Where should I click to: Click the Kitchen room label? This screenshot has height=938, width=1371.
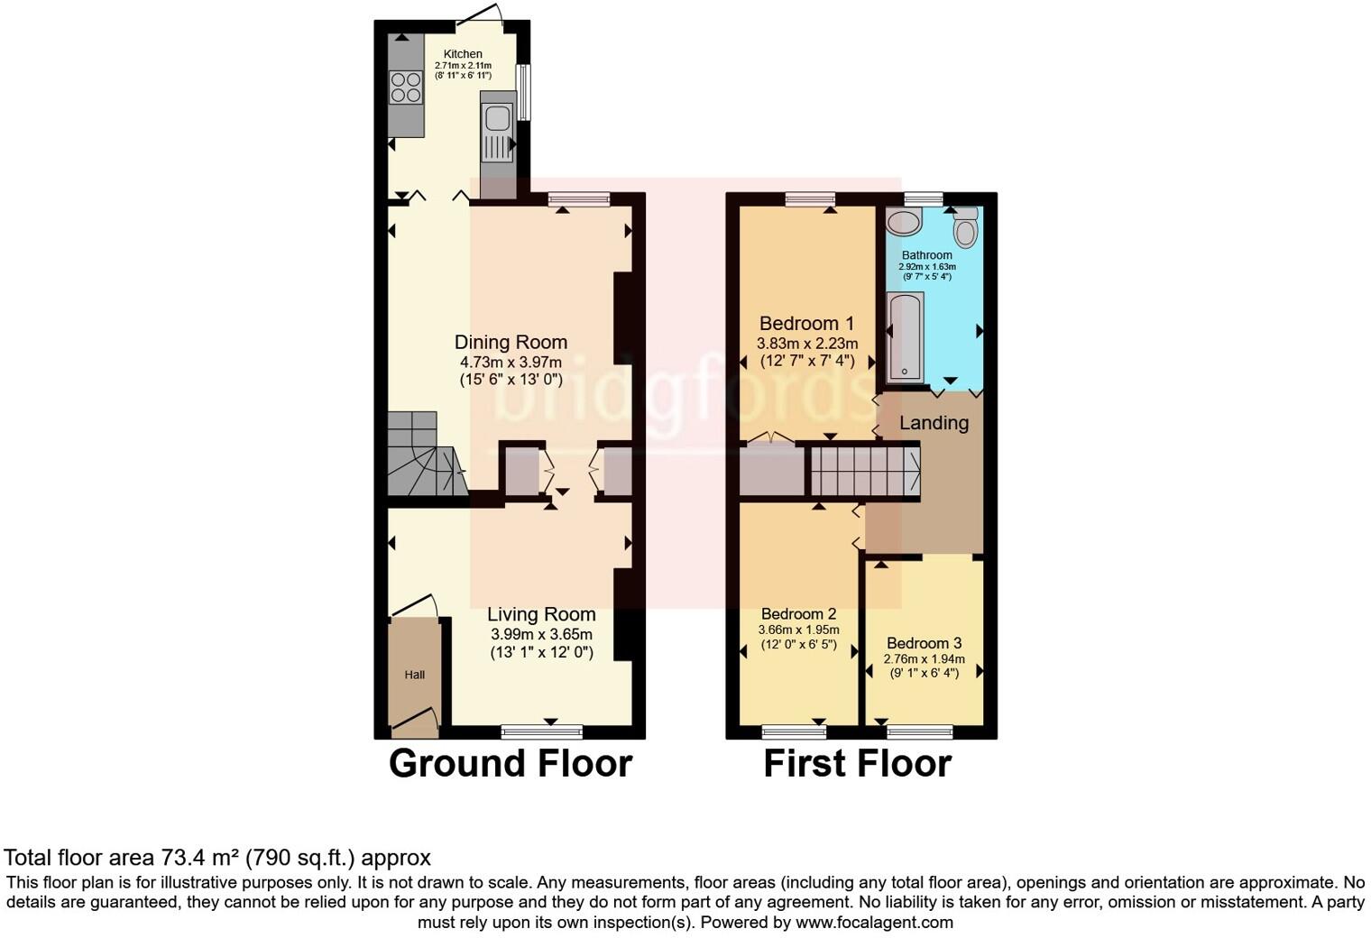pyautogui.click(x=462, y=54)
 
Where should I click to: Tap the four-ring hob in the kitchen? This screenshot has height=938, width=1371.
pyautogui.click(x=406, y=87)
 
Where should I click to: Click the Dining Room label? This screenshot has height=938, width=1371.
pyautogui.click(x=511, y=343)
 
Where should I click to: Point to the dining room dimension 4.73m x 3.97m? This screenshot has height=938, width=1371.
pyautogui.click(x=511, y=363)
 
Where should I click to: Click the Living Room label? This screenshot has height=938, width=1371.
pyautogui.click(x=541, y=614)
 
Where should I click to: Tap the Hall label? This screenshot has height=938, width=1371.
pyautogui.click(x=414, y=675)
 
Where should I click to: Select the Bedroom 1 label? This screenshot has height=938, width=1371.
pyautogui.click(x=806, y=324)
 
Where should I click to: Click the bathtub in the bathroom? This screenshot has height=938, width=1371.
pyautogui.click(x=905, y=336)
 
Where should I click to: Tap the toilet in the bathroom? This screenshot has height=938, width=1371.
pyautogui.click(x=966, y=227)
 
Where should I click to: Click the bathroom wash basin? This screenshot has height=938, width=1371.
pyautogui.click(x=902, y=222)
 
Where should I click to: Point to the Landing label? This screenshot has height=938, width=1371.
pyautogui.click(x=934, y=423)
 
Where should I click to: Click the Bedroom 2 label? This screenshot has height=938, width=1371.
pyautogui.click(x=798, y=614)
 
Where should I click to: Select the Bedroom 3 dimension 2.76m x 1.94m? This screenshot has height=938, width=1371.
pyautogui.click(x=924, y=659)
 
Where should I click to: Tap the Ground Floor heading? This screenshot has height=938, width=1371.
pyautogui.click(x=510, y=763)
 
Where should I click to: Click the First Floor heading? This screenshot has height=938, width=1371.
pyautogui.click(x=857, y=763)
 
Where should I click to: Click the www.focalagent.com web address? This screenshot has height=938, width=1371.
pyautogui.click(x=872, y=923)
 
